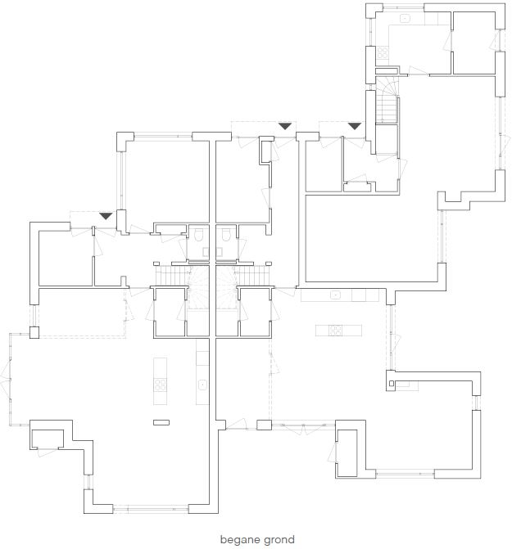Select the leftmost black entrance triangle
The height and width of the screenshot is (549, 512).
pos(106,216)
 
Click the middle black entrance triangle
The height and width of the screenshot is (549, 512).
pos(285,126)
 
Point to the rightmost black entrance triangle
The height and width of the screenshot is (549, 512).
pos(354,126)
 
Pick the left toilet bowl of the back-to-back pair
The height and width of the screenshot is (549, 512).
pos(199,235)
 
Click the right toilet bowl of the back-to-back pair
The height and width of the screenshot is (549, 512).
pos(225,235)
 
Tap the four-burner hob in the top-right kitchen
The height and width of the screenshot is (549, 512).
pos(383,53)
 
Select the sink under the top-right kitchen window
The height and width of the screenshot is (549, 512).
pos(406,18)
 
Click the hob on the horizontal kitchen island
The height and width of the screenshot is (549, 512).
pos(335,331)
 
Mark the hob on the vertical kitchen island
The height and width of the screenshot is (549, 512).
pos(161,385)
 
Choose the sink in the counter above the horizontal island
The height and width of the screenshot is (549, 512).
pos(335,295)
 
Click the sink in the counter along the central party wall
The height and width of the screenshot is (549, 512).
pos(202,385)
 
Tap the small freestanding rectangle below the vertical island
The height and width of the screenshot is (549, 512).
pos(161,423)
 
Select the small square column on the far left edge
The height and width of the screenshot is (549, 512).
pos(34,332)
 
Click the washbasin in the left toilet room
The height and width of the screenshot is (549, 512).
pos(206,252)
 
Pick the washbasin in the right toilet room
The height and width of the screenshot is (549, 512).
pos(219,252)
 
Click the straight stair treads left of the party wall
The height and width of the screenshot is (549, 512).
pos(172,277)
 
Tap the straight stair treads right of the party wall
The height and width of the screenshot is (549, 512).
pos(253,277)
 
